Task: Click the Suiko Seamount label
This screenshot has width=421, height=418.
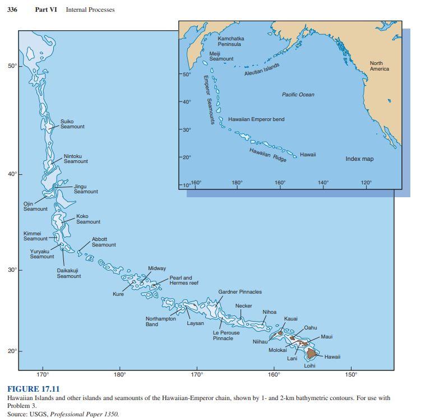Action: coord(72,124)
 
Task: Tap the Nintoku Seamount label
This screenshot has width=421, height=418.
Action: coord(75,159)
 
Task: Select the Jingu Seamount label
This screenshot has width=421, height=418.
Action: coord(86,189)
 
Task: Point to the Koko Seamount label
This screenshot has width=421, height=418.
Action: coord(88,219)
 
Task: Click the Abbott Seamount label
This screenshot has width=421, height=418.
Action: coord(104,242)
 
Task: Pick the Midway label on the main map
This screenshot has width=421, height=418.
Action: coord(156,268)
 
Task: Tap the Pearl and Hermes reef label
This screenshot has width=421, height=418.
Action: coord(184,280)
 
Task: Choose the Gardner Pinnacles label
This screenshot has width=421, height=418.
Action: coord(239,292)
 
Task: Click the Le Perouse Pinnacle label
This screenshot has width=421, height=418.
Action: coord(226,335)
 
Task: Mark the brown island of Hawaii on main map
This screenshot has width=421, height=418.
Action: coord(312,352)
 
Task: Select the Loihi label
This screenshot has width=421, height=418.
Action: coord(309,366)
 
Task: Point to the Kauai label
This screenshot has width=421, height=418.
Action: coord(290,319)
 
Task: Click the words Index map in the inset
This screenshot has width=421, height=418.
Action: coord(359,159)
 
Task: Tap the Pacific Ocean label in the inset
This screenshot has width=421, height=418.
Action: coord(298,95)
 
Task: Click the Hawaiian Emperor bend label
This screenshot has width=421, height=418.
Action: coord(256,119)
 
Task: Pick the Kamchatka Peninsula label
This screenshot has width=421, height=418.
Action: coord(230,41)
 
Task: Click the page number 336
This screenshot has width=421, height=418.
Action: coord(12,10)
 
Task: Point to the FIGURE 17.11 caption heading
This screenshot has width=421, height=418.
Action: coord(33,389)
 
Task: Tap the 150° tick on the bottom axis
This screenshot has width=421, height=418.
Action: coord(350,374)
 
